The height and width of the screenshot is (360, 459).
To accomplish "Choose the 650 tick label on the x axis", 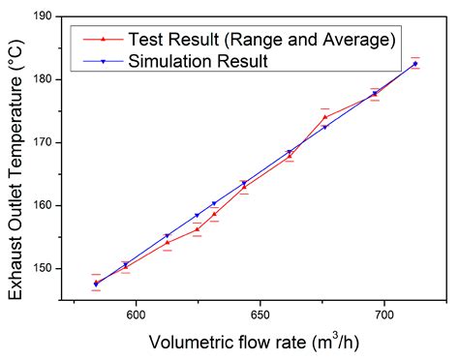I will [260, 315].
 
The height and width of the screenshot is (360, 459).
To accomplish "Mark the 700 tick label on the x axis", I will [383, 315].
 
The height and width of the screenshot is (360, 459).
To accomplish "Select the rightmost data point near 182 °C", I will [414, 64].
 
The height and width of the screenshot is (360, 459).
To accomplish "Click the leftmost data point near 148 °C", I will [96, 284].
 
